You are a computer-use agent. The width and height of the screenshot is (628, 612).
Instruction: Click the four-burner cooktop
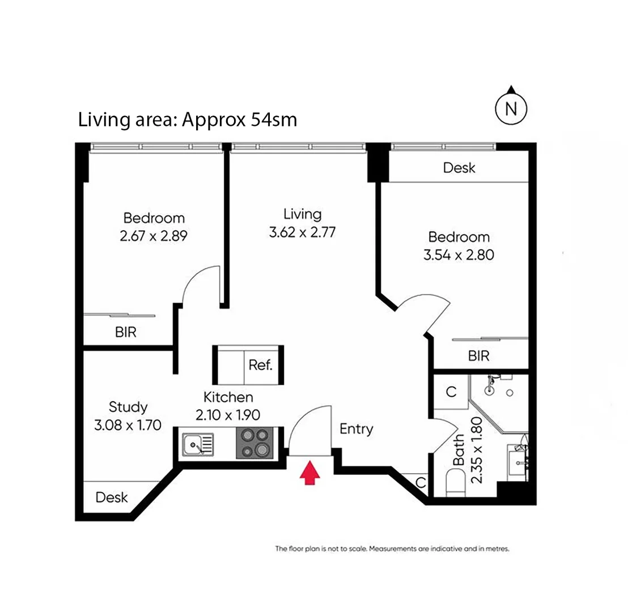(x=254, y=443)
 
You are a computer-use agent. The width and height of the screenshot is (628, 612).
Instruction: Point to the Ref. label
(x=261, y=365)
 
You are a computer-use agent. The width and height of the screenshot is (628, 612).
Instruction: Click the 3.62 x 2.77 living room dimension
(x=302, y=232)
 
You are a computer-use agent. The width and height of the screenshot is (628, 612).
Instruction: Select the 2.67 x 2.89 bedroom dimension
(x=154, y=236)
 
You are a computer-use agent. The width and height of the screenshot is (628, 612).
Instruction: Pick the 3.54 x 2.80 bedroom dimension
(x=459, y=255)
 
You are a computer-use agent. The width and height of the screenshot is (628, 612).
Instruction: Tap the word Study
(x=128, y=407)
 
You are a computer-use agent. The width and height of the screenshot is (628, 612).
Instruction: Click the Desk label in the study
(x=112, y=498)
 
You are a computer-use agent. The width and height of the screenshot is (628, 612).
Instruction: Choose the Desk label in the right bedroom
(x=459, y=168)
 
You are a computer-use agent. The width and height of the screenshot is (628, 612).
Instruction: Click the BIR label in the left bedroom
(x=126, y=332)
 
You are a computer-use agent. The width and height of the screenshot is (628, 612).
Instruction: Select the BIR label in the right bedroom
(x=478, y=356)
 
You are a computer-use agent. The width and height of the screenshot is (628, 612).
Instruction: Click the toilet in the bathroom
(x=455, y=486)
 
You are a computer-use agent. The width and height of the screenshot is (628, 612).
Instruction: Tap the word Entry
(x=356, y=429)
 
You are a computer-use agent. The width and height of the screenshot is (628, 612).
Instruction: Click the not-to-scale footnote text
(x=393, y=549)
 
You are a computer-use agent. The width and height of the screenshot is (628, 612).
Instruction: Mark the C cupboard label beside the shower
(x=451, y=392)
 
